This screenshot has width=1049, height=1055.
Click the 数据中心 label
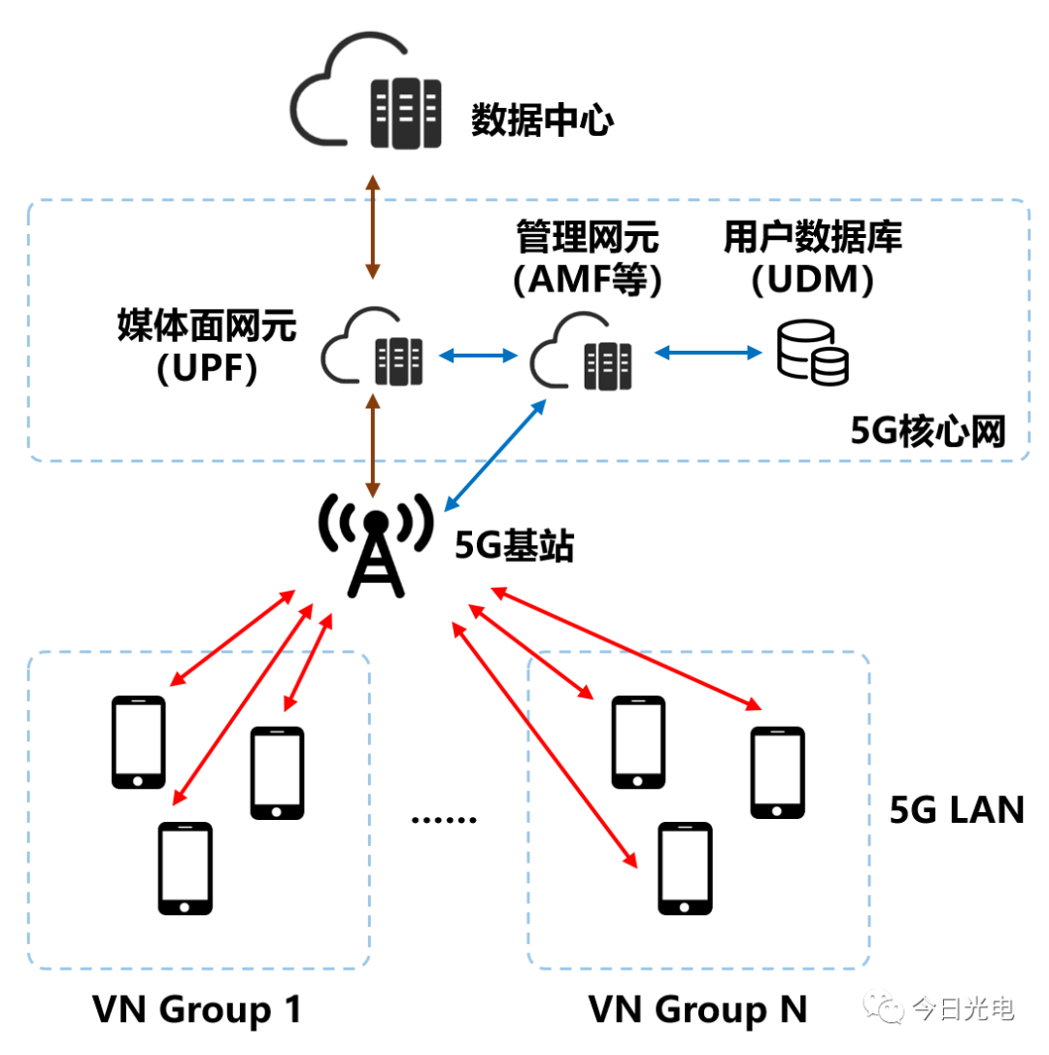[542, 120]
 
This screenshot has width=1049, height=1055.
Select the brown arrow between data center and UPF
[371, 228]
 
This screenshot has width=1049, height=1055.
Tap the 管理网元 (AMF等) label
[587, 257]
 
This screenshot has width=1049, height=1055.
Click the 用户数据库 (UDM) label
[813, 256]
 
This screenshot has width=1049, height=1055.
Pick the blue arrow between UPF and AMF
[477, 357]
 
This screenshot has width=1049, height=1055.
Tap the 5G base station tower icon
[375, 546]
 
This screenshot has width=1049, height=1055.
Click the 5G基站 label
[515, 547]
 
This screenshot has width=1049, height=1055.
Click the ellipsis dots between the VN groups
[444, 819]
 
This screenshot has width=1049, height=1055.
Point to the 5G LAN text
[957, 809]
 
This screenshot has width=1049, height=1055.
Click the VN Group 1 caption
[197, 1010]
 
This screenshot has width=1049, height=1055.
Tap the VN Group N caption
[697, 1010]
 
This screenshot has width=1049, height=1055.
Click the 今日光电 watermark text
[964, 1009]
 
